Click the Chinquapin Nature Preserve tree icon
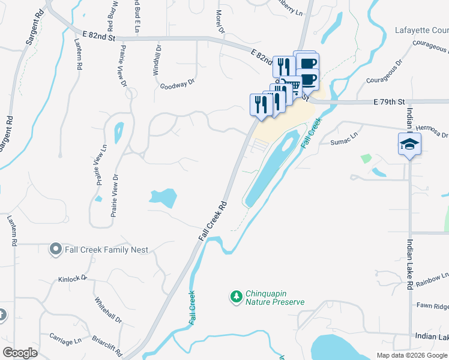coord(236,296)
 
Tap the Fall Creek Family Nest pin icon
coord(56,248)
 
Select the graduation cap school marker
coord(409,144)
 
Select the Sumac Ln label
coord(343,142)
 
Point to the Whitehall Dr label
coord(108,310)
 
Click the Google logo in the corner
coord(20,353)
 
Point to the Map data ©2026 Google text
coord(412,355)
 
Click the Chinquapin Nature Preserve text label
coord(274,298)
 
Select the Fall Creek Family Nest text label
coord(98,249)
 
